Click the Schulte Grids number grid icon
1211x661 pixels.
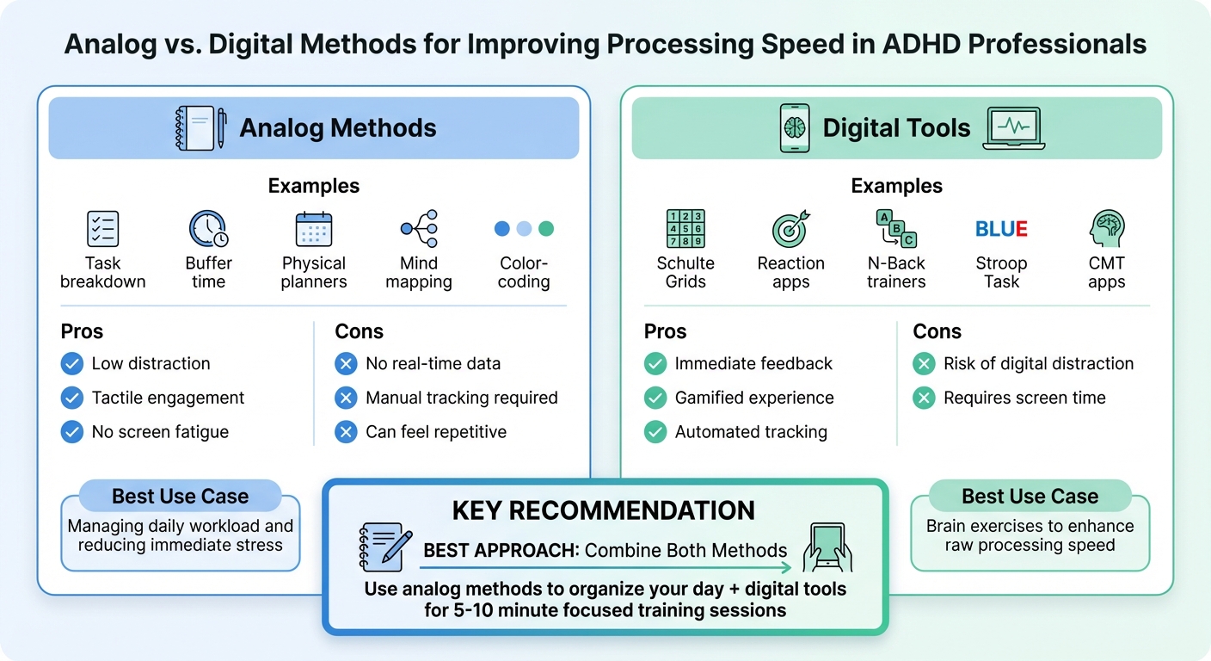[685, 229]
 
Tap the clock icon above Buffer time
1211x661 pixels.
[208, 229]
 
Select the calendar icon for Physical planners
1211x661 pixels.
[314, 229]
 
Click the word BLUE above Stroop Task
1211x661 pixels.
[1001, 229]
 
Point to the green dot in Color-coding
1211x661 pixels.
[546, 229]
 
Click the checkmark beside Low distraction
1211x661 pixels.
[72, 364]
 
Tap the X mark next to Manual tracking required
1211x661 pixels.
[346, 398]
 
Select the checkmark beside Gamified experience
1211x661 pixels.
[655, 398]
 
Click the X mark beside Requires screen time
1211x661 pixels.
[924, 398]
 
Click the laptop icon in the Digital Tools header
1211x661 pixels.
[1014, 128]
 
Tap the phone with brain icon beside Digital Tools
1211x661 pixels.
[794, 128]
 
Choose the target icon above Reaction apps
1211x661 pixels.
[790, 229]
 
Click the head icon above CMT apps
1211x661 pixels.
[1106, 229]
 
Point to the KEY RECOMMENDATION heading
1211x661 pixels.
[603, 510]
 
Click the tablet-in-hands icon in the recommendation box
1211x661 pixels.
[827, 548]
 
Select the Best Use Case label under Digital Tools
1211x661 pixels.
[1030, 497]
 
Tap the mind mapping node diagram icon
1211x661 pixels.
[420, 229]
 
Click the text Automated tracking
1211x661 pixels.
[751, 432]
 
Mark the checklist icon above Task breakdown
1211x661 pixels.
[103, 229]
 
